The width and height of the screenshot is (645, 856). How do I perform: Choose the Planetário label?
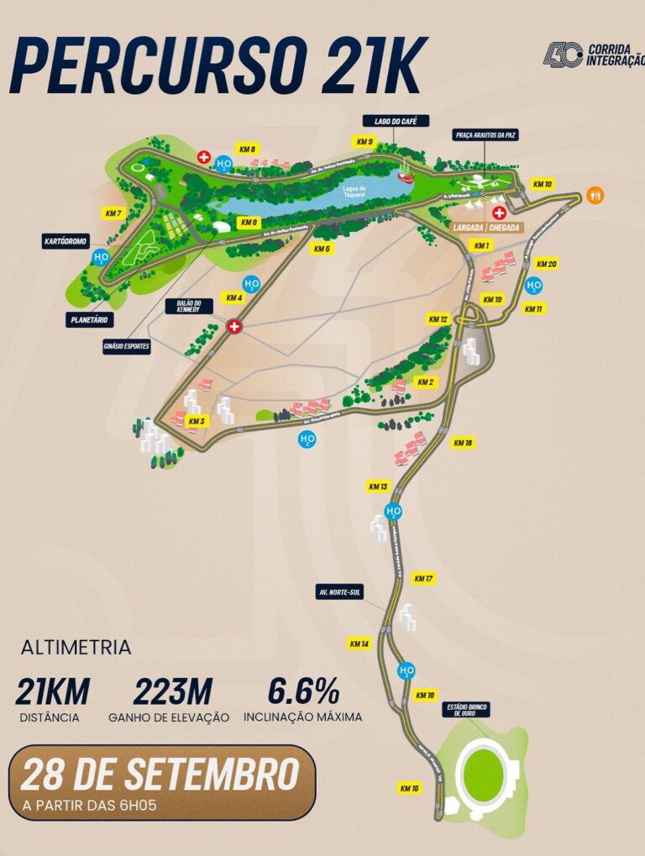(92, 319)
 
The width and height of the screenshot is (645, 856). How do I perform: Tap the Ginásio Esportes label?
(127, 346)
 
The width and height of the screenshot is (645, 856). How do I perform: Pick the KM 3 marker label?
(197, 421)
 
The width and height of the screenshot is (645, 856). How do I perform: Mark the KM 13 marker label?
(378, 486)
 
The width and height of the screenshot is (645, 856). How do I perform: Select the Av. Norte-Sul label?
(339, 592)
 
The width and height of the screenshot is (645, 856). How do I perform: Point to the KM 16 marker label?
(409, 788)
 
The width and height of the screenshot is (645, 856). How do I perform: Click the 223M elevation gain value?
(172, 692)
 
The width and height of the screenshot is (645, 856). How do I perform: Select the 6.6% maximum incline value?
(303, 692)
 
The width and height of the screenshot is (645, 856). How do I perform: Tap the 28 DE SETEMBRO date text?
(160, 775)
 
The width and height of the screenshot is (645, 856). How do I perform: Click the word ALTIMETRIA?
(76, 648)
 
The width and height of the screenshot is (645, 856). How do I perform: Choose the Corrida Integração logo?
(592, 55)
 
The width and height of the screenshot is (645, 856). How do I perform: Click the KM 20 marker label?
(546, 265)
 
